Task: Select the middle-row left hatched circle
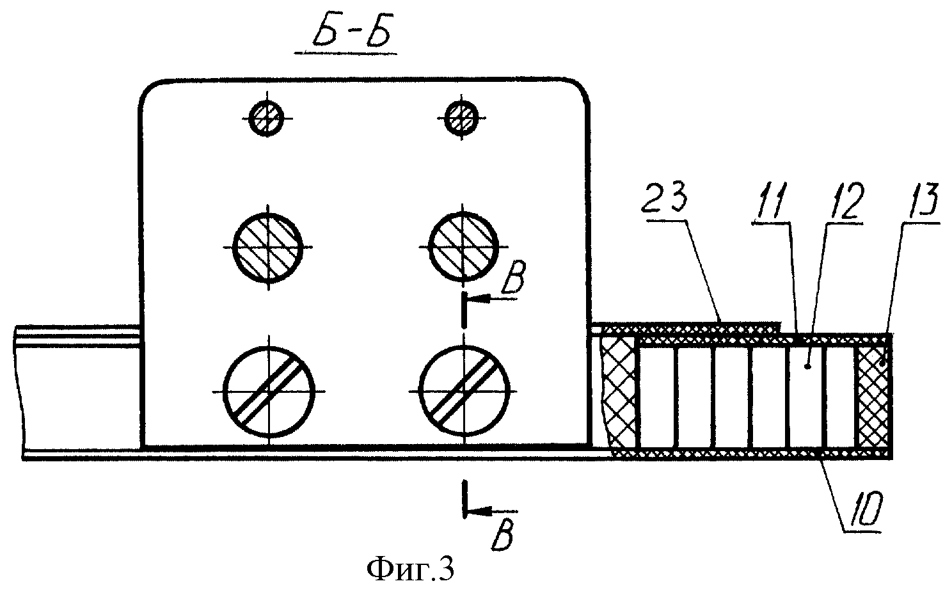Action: point(267,247)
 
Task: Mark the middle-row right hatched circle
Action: point(463,246)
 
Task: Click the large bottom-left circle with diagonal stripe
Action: point(269,391)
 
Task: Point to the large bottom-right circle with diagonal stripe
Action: point(464,391)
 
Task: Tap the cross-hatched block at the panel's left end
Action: point(617,397)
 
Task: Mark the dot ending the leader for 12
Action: point(809,367)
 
